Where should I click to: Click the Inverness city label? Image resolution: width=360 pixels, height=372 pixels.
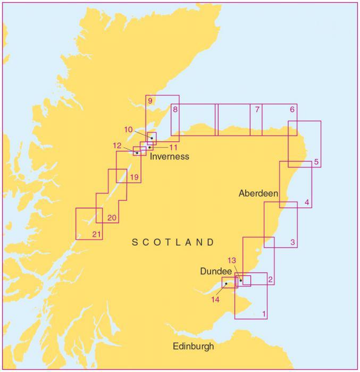(x=169, y=157)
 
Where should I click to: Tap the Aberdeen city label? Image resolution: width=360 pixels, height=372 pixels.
(x=258, y=193)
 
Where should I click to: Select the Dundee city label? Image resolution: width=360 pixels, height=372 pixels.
(x=216, y=271)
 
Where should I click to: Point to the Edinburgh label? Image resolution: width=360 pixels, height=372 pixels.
(x=194, y=346)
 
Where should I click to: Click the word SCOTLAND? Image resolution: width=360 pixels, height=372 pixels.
(x=173, y=242)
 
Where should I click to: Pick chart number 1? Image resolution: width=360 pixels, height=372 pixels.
(x=264, y=314)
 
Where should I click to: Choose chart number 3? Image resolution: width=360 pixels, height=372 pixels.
(x=292, y=242)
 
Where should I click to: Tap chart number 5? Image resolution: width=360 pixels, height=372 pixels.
(x=316, y=162)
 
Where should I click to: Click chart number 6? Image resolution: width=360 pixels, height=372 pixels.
(x=292, y=109)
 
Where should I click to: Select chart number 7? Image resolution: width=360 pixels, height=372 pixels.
(x=257, y=109)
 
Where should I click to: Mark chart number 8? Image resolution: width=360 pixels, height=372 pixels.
(x=175, y=109)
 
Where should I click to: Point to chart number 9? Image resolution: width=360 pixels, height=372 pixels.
(x=150, y=101)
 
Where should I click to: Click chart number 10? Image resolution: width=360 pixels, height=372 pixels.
(x=129, y=129)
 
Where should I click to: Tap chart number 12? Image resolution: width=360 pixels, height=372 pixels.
(x=118, y=145)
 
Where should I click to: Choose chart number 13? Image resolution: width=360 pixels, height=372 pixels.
(x=231, y=260)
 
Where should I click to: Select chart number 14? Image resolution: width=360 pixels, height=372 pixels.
(x=215, y=299)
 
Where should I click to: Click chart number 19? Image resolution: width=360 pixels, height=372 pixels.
(x=135, y=177)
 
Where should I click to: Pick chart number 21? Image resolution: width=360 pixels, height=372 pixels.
(x=96, y=234)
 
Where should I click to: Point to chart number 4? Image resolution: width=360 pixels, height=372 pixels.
(x=307, y=202)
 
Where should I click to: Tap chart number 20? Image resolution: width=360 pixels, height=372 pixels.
(x=112, y=217)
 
